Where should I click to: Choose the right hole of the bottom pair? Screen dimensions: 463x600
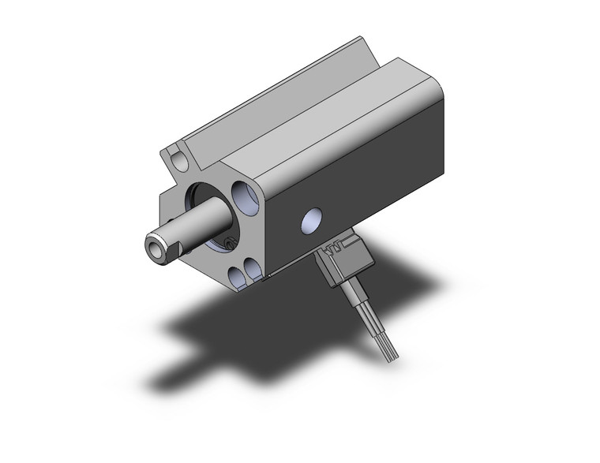(254, 270)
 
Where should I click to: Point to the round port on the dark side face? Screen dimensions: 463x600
(313, 221)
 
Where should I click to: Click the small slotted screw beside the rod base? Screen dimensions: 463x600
(230, 243)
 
